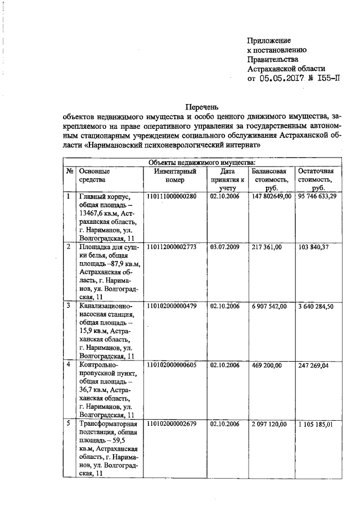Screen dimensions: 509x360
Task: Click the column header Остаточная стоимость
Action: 316,179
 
